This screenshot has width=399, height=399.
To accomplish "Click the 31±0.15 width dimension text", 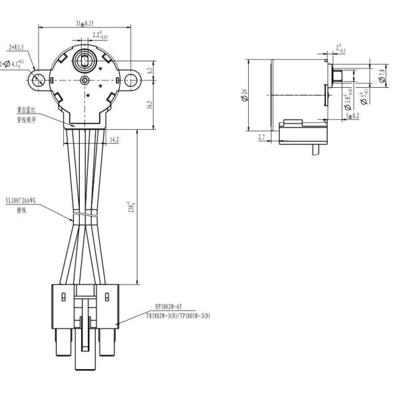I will (85, 24).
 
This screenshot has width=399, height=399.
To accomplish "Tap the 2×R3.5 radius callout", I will (16, 47).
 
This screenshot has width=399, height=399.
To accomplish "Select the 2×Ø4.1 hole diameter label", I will (13, 64).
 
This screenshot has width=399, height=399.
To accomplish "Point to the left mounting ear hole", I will (38, 80).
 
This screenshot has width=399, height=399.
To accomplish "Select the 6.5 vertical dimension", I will (150, 69).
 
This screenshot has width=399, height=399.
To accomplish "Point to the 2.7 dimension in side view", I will (261, 137).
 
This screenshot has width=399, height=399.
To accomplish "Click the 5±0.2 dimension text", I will (352, 116).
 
